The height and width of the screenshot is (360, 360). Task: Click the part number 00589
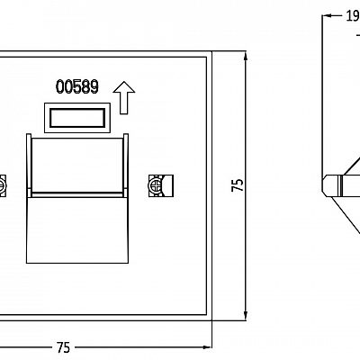click(77, 86)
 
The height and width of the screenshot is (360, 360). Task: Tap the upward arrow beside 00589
click(124, 97)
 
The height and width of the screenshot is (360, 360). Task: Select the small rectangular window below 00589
click(77, 118)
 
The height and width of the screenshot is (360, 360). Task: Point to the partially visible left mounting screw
click(2, 186)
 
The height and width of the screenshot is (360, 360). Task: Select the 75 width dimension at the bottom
click(63, 347)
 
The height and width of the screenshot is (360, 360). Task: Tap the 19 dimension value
click(353, 15)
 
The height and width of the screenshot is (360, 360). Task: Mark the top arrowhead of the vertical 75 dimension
click(246, 57)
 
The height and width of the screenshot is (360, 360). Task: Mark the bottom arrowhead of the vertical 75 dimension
click(246, 315)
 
